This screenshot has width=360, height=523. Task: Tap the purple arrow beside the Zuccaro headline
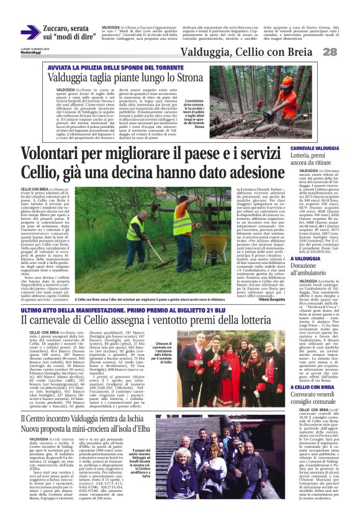30,32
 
